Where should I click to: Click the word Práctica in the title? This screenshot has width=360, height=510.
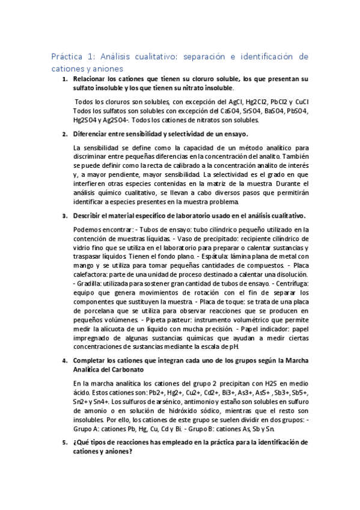click(67, 57)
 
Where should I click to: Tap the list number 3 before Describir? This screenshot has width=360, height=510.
click(65, 216)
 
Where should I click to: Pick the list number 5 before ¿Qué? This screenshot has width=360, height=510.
click(65, 442)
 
